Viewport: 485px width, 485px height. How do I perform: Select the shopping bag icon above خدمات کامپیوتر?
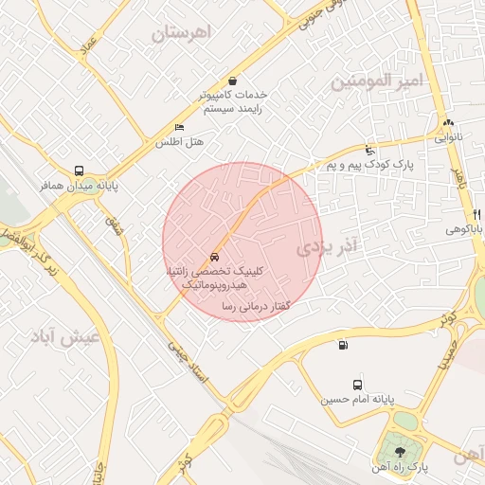point(233,81)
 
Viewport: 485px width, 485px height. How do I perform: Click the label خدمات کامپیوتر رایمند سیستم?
point(233,102)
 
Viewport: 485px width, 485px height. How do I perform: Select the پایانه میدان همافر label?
point(81,187)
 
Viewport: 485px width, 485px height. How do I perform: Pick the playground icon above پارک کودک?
point(369,150)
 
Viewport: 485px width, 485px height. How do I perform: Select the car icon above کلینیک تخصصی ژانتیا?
point(215,257)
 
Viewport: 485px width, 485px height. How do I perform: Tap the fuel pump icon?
point(341,345)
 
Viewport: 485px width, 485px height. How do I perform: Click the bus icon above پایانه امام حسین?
point(357,385)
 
